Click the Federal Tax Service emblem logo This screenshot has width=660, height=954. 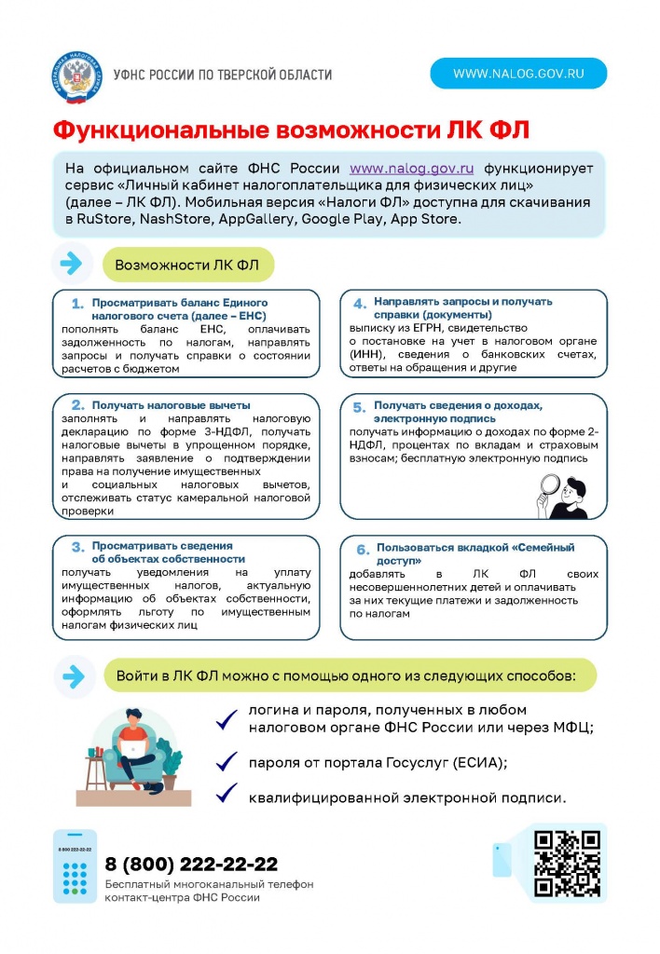point(76,75)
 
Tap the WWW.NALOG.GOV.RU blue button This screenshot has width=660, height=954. point(518,73)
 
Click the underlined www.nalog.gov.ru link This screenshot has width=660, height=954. point(412,169)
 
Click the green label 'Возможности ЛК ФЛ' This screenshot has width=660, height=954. point(187,265)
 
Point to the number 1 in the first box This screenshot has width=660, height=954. point(78,304)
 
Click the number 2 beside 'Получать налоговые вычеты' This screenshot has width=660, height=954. point(78,405)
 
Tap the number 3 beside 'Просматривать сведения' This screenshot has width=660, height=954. point(78,547)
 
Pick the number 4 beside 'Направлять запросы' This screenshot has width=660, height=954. point(360,303)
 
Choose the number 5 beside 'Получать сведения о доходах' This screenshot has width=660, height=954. point(360,407)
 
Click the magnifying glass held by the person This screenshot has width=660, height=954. point(550,485)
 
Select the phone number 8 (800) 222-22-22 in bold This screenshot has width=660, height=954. point(191,864)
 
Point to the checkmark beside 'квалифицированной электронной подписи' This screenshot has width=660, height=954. point(226,795)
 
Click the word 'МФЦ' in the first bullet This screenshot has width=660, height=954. point(571,728)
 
